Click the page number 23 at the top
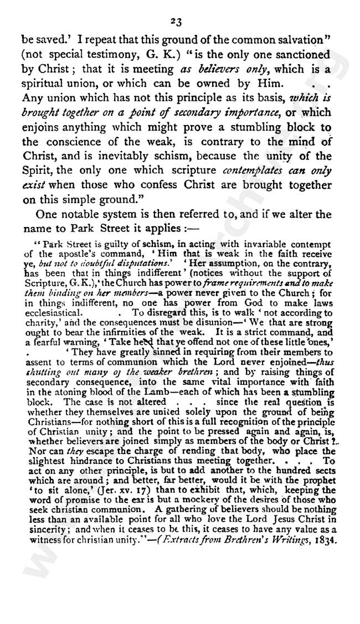[177, 22]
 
